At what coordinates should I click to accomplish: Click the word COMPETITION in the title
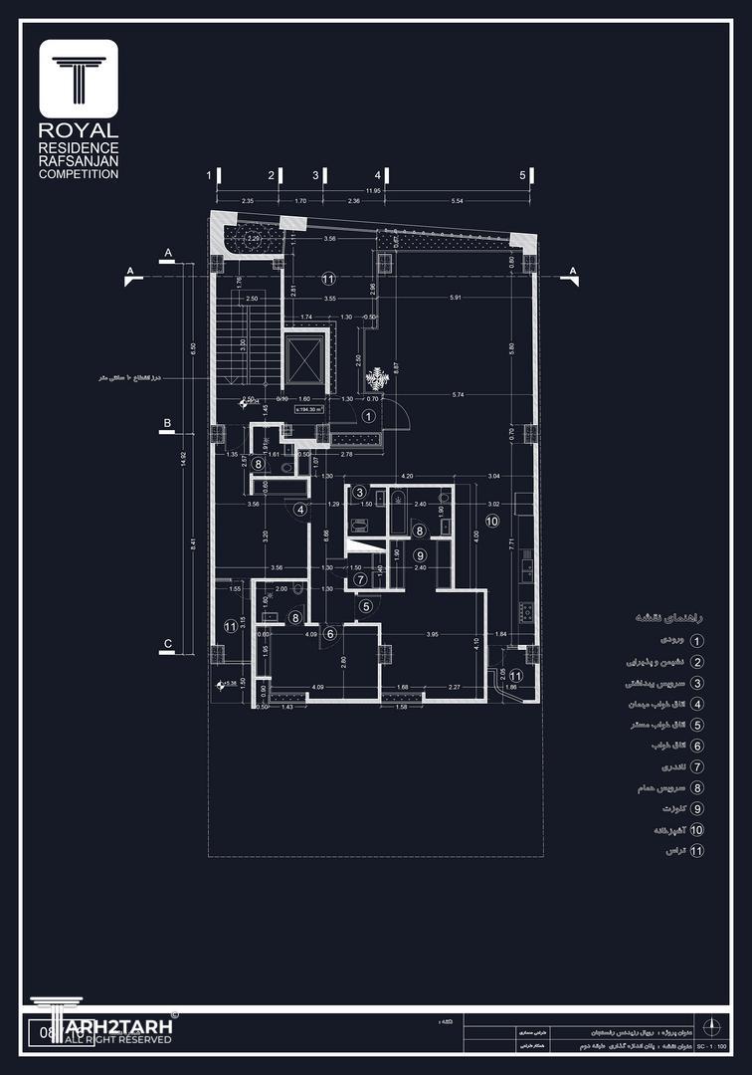(79, 174)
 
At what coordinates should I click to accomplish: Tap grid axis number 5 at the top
(522, 175)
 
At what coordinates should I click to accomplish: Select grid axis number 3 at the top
(315, 175)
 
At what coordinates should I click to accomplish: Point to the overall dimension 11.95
(373, 190)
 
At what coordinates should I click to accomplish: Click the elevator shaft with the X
(304, 360)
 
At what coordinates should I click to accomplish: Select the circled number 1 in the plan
(369, 416)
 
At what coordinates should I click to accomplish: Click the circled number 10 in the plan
(491, 521)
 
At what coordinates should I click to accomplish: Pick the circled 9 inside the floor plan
(420, 555)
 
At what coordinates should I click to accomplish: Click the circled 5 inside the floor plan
(366, 605)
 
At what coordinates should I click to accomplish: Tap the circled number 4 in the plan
(300, 510)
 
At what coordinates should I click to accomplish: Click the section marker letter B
(168, 424)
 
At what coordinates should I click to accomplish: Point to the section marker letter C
(168, 643)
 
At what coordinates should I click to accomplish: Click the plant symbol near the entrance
(376, 379)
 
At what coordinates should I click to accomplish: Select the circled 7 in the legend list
(696, 767)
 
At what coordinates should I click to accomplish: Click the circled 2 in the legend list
(696, 662)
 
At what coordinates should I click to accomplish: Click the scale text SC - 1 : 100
(711, 1048)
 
